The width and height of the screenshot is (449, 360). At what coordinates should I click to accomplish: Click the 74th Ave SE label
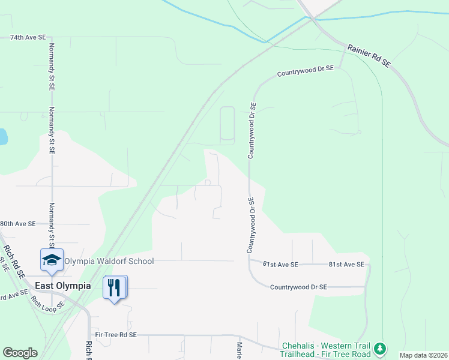[x=28, y=37]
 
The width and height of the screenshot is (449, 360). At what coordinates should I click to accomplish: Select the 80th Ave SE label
[x=18, y=223]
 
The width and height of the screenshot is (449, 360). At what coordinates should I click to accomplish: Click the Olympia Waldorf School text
[x=109, y=261]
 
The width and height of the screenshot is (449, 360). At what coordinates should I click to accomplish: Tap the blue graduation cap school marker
[x=52, y=260]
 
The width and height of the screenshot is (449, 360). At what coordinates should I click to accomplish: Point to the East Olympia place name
[x=63, y=286]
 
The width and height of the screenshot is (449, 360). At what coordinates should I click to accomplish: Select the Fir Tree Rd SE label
[x=116, y=334]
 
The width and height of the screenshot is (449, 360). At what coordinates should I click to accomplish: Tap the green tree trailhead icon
[x=379, y=349]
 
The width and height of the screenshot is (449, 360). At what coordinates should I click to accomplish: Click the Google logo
[x=20, y=353]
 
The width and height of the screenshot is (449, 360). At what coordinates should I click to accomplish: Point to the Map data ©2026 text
[x=423, y=355]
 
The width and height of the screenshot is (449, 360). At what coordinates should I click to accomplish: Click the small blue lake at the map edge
[x=3, y=137]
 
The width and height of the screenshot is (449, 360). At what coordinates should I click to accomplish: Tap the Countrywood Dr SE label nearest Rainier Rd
[x=305, y=71]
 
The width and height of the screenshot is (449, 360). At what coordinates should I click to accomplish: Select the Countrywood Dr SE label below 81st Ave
[x=298, y=287]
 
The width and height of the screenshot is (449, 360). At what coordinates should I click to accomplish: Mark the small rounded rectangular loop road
[x=228, y=125]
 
